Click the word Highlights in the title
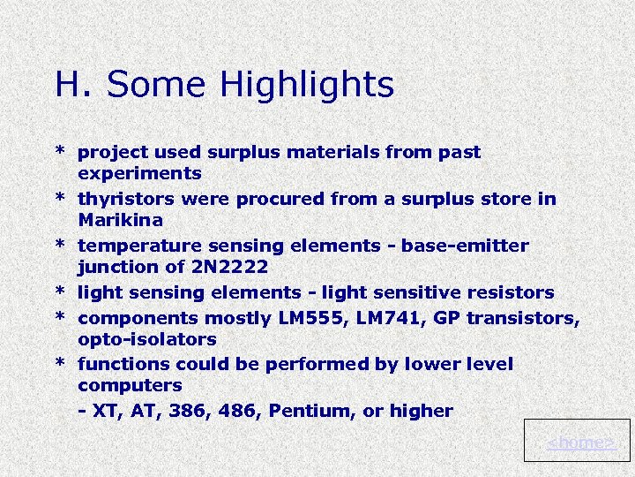307,86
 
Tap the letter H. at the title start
69,85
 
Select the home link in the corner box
581,442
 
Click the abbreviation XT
105,411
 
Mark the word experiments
139,174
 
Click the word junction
113,267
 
